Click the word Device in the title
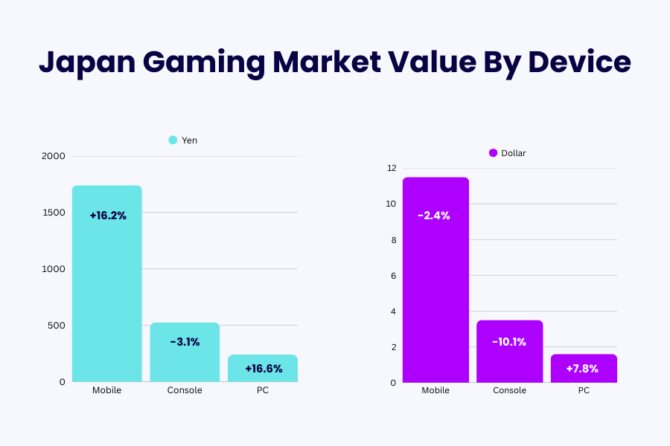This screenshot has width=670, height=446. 579,62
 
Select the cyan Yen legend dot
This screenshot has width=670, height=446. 173,140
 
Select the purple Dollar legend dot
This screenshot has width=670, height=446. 493,153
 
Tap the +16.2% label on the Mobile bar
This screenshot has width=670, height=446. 108,216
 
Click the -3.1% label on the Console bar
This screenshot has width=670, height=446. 185,342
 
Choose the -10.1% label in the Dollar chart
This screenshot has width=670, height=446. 509,342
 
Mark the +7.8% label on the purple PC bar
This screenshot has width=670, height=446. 584,369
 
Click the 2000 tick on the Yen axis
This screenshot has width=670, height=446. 55,156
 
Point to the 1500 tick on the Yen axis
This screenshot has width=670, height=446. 55,213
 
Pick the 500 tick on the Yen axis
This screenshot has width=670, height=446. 57,326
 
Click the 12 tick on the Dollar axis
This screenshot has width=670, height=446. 392,168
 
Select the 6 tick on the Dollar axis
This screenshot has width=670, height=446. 394,276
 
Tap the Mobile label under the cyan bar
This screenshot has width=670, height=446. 107,390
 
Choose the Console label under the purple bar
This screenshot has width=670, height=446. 509,390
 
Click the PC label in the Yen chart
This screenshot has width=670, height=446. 262,390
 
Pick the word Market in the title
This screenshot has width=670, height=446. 336,62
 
